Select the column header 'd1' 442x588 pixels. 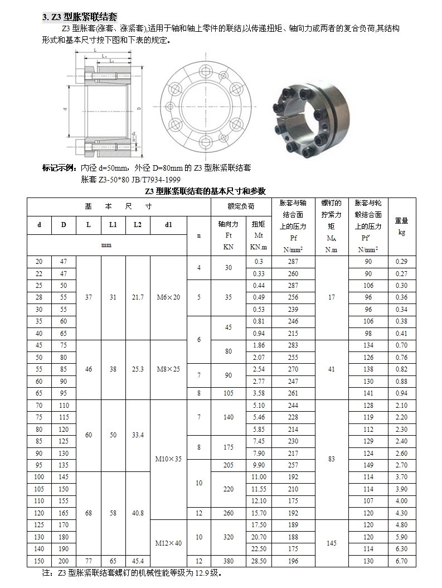168,225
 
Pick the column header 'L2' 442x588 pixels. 138,225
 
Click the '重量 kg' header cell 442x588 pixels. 401,226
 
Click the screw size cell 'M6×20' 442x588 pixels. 168,297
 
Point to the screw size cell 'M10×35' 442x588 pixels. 168,460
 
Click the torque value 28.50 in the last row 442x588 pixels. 259,561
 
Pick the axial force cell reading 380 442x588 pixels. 228,561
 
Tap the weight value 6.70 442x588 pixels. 401,561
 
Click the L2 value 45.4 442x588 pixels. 138,561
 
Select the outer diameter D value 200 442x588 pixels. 64,561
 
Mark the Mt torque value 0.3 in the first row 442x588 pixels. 259,262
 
